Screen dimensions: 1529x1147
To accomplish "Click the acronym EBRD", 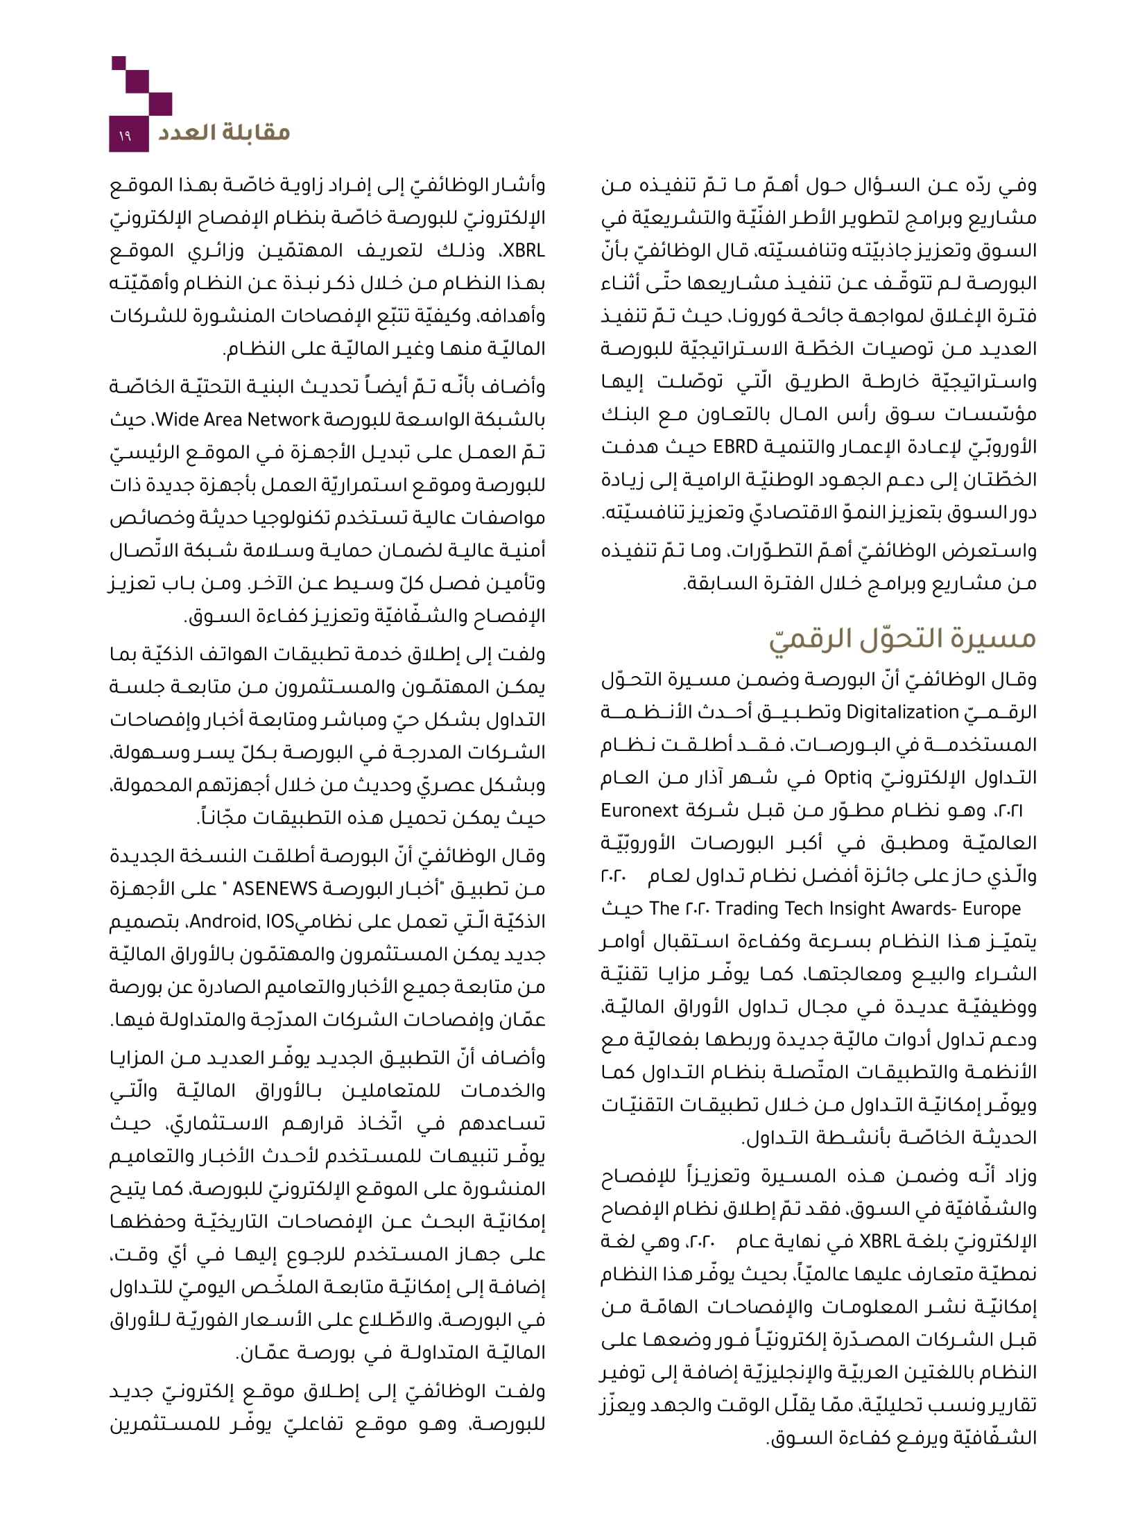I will click(736, 447).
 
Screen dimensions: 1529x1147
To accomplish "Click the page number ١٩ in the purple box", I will click(125, 137).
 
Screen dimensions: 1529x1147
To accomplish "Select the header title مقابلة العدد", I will click(223, 132).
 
